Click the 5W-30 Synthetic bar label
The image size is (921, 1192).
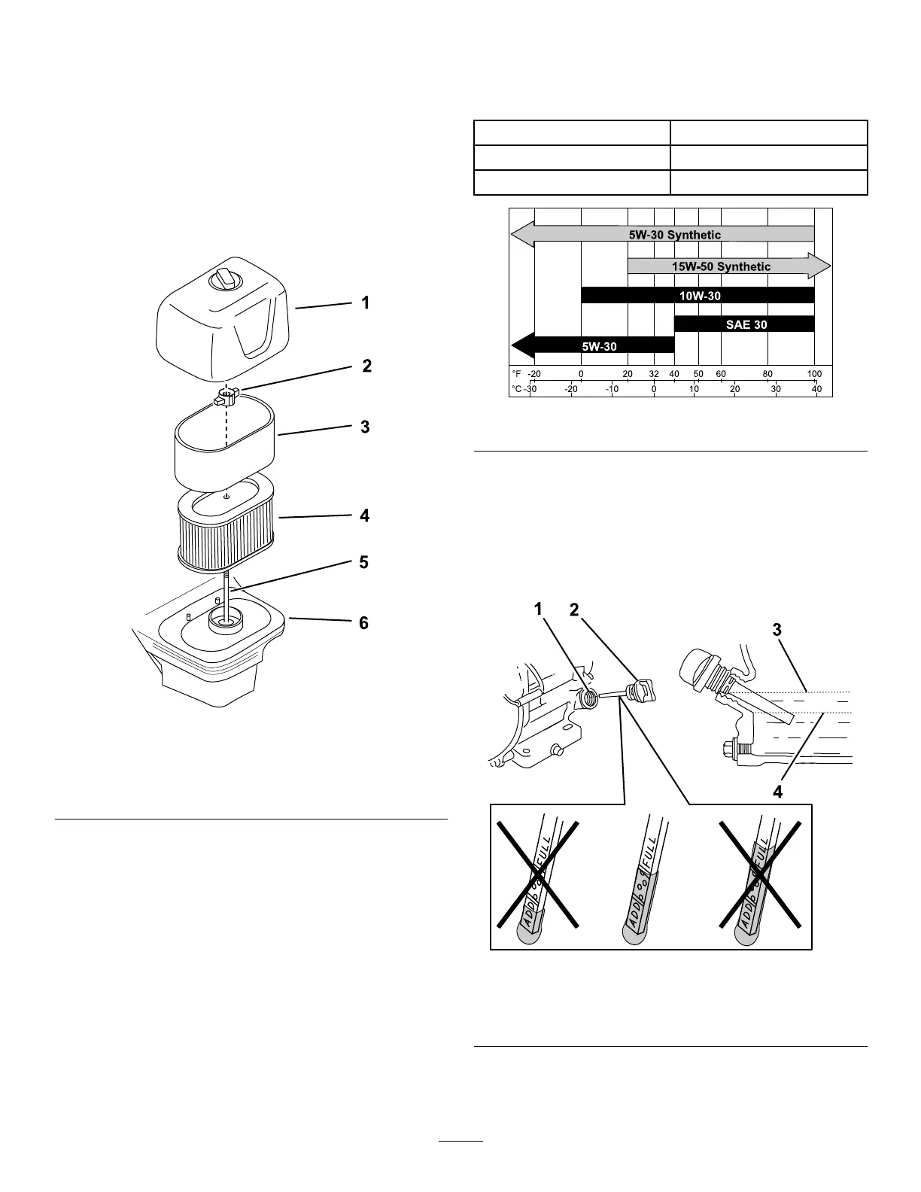[675, 235]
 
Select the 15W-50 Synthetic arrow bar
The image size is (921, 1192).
[729, 266]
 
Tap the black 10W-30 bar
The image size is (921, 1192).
[698, 295]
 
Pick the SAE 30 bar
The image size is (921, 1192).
[744, 324]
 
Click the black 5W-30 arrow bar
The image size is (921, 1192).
[592, 346]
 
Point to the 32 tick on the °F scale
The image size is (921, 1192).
[654, 374]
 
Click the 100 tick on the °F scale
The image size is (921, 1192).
[815, 374]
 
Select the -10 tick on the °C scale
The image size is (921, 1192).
[612, 389]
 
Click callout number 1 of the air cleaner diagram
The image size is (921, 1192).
[366, 303]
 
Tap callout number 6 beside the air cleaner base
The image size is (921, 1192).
[363, 622]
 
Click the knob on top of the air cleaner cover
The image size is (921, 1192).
[225, 279]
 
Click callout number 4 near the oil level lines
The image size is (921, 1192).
[778, 792]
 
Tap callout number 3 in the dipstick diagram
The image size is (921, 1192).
[777, 630]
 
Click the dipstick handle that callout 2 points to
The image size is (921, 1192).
[643, 690]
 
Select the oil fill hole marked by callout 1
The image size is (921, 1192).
[588, 698]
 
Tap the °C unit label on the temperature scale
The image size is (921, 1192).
[516, 389]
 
